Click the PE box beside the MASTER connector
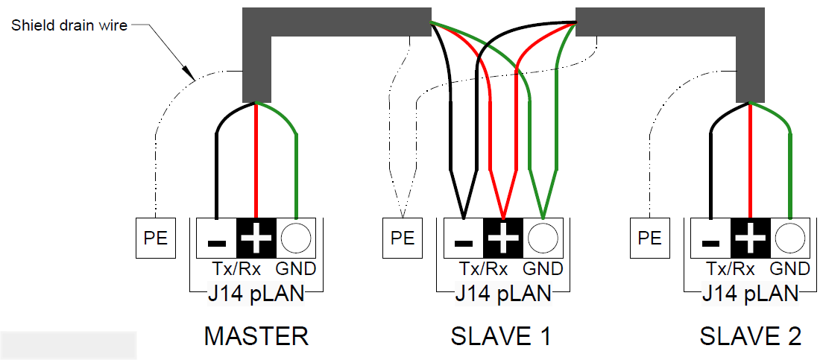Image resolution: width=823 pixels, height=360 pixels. point(155,238)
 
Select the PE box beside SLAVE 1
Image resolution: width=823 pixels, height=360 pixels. point(403,238)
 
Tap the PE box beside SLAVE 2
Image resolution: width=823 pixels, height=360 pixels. point(650,238)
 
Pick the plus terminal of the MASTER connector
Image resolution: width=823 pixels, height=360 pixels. point(256,239)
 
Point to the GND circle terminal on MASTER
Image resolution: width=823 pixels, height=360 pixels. point(296,239)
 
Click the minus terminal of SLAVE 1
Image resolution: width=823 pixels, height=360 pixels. point(464,239)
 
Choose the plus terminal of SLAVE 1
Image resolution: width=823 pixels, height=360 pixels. point(504,239)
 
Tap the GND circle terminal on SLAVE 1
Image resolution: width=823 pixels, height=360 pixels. point(543,239)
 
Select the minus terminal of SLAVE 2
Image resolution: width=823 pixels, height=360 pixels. point(711,239)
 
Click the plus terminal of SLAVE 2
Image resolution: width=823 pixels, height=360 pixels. point(751,239)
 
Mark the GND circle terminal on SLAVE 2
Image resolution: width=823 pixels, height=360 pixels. point(790,239)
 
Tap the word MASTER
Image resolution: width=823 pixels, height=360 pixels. point(256,336)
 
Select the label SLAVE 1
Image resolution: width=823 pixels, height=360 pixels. point(501,336)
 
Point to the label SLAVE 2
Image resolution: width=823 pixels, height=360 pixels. point(750,336)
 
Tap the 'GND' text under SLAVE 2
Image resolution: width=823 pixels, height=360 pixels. point(790,269)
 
